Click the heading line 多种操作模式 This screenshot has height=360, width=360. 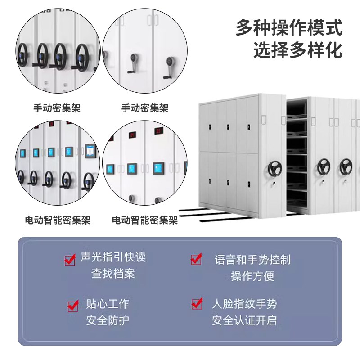(x=289, y=28)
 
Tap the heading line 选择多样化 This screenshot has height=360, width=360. (x=297, y=50)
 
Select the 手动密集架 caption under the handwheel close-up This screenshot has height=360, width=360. (x=57, y=108)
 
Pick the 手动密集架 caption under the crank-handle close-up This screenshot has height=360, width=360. (x=145, y=108)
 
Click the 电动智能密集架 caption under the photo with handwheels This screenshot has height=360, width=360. (x=58, y=220)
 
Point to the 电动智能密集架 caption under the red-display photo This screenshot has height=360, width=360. (x=145, y=220)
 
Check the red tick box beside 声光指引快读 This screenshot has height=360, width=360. (x=70, y=260)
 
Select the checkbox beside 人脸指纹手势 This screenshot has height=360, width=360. (x=196, y=304)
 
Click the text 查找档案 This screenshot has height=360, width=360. (x=113, y=274)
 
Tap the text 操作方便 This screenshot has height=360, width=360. (x=252, y=275)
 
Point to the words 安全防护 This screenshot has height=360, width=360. (x=108, y=320)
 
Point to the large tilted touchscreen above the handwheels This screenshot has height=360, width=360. (x=91, y=150)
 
